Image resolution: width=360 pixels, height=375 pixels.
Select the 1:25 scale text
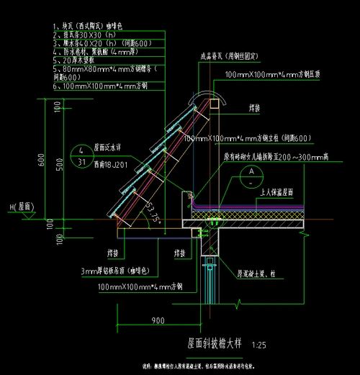point(258,346)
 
